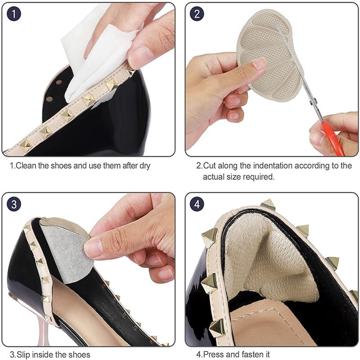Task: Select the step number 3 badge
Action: [14, 204]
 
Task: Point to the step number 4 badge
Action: [197, 204]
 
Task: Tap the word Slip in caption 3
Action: [25, 354]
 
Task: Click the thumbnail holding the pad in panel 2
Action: [260, 64]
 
